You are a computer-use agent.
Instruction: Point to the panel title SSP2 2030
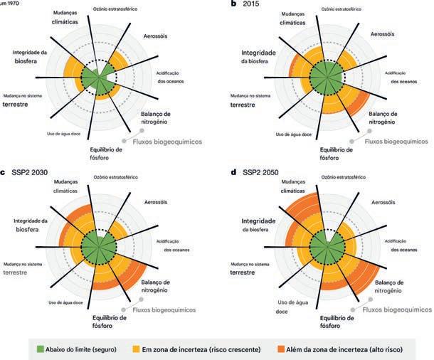click(28, 172)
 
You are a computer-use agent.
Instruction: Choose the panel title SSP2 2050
click(261, 172)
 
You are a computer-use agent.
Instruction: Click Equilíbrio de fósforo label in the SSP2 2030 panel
click(108, 322)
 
